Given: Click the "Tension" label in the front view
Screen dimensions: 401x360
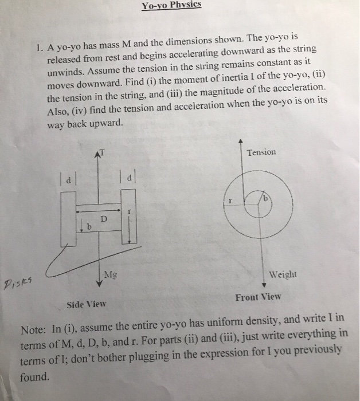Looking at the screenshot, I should pos(261,152).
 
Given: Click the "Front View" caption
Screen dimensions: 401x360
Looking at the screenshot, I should pos(258,297).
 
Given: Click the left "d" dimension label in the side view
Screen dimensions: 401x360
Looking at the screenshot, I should pos(69,179).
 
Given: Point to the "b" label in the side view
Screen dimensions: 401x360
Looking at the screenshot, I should pos(89,227).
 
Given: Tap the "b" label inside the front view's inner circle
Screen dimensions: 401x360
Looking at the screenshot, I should pos(265,198).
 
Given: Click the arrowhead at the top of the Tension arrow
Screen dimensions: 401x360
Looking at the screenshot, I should pos(241,141).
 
